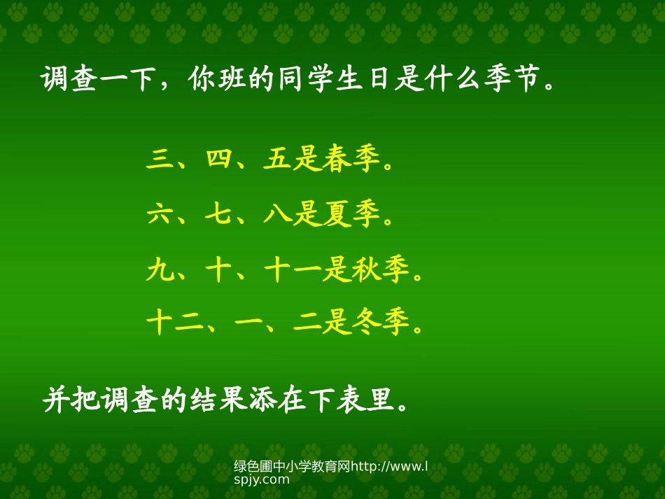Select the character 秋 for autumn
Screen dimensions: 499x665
[x=367, y=269]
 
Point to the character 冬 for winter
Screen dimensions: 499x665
[x=367, y=323]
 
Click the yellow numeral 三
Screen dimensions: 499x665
[x=160, y=161]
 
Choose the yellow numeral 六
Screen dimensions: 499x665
[x=160, y=215]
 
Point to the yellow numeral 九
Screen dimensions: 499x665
[x=160, y=269]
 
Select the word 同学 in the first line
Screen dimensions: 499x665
[x=307, y=80]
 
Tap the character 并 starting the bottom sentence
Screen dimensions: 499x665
[x=57, y=401]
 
